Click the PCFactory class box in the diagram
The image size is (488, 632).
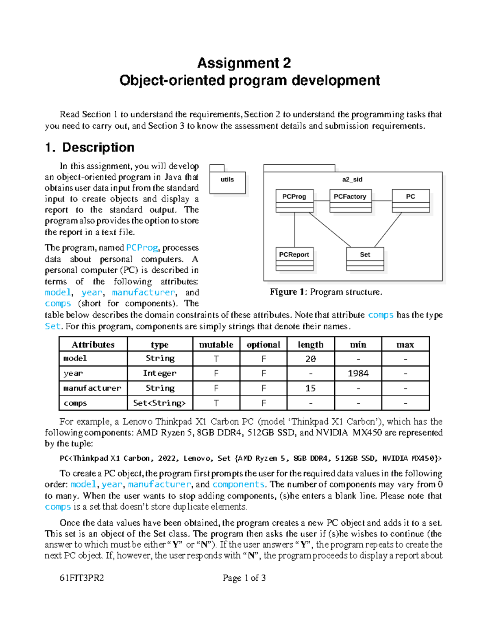tap(350, 200)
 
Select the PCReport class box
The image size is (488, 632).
tap(294, 258)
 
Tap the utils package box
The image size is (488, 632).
tap(227, 182)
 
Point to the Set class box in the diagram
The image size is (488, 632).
tap(365, 258)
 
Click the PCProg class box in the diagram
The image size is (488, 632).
tap(294, 200)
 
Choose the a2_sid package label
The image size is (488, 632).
tap(352, 179)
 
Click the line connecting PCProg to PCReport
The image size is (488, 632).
tap(295, 230)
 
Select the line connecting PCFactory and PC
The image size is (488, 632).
tap(381, 201)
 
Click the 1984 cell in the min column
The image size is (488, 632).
tap(358, 374)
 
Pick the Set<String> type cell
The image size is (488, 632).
tap(159, 403)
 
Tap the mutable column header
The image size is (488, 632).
tap(216, 345)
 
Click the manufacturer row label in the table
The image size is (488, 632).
tap(92, 388)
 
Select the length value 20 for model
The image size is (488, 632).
tap(310, 359)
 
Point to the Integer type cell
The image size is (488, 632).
tap(159, 374)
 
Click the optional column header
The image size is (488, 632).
tap(263, 345)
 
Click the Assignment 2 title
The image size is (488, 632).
tap(244, 63)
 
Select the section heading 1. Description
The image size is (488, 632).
tap(90, 147)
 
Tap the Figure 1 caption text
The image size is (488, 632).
tap(326, 292)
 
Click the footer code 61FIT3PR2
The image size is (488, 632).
tap(82, 578)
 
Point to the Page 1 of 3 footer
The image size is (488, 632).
tap(244, 578)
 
